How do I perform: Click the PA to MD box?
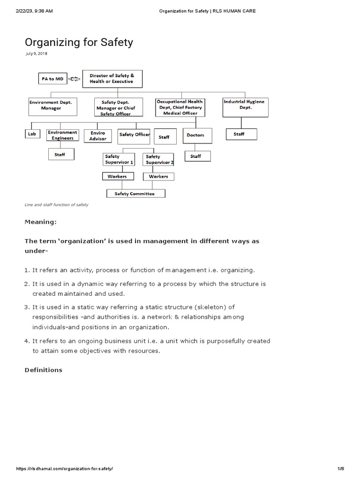click(x=52, y=79)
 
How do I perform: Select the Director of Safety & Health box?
click(x=112, y=79)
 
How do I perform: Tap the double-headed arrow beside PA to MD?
click(x=75, y=80)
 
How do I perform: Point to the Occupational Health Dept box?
click(x=180, y=107)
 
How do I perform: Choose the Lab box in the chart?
click(x=31, y=134)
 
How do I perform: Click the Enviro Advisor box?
click(x=98, y=136)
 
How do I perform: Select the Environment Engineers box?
click(x=62, y=135)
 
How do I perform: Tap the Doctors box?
click(x=195, y=135)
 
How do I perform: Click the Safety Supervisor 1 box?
click(x=120, y=159)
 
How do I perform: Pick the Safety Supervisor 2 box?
click(x=159, y=159)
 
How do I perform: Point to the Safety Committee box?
click(x=135, y=193)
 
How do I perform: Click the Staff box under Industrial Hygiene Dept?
click(x=239, y=134)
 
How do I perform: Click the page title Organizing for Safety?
click(x=79, y=42)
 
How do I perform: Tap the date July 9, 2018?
click(x=36, y=53)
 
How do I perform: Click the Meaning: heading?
click(x=41, y=221)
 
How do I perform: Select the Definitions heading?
click(x=43, y=370)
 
